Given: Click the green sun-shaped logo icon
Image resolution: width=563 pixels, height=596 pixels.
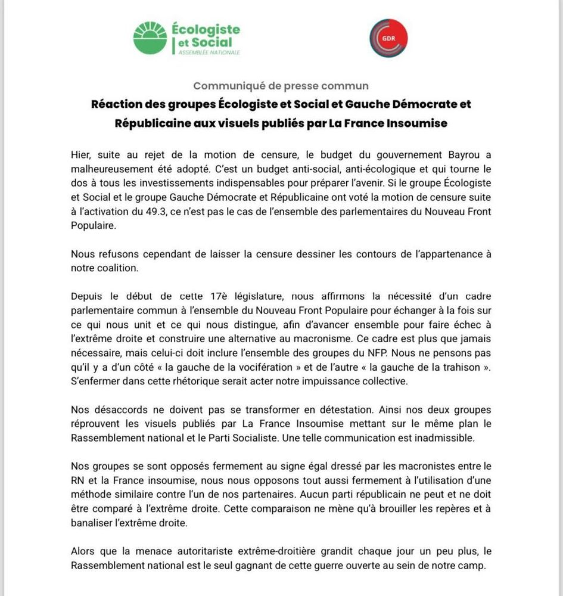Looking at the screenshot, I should coord(150,39).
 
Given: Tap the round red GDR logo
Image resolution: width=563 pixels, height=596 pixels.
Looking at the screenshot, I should coord(388,38).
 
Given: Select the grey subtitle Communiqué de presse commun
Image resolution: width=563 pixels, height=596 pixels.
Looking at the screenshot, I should coord(281,86).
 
